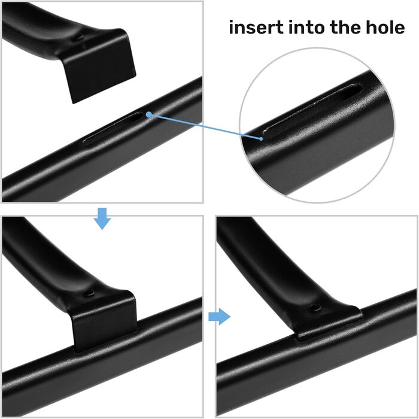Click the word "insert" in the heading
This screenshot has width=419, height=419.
[x=256, y=28]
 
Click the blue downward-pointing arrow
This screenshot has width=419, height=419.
[x=102, y=218]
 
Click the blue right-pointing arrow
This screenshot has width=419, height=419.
[x=219, y=317]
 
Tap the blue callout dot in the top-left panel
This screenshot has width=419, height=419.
[x=149, y=115]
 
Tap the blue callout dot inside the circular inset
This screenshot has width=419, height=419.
[x=261, y=138]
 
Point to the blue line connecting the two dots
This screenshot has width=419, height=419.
[x=205, y=127]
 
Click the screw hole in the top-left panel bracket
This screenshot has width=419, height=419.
[x=79, y=37]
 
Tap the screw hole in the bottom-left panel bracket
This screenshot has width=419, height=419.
[x=87, y=293]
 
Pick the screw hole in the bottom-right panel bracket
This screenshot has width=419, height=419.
[x=315, y=308]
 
